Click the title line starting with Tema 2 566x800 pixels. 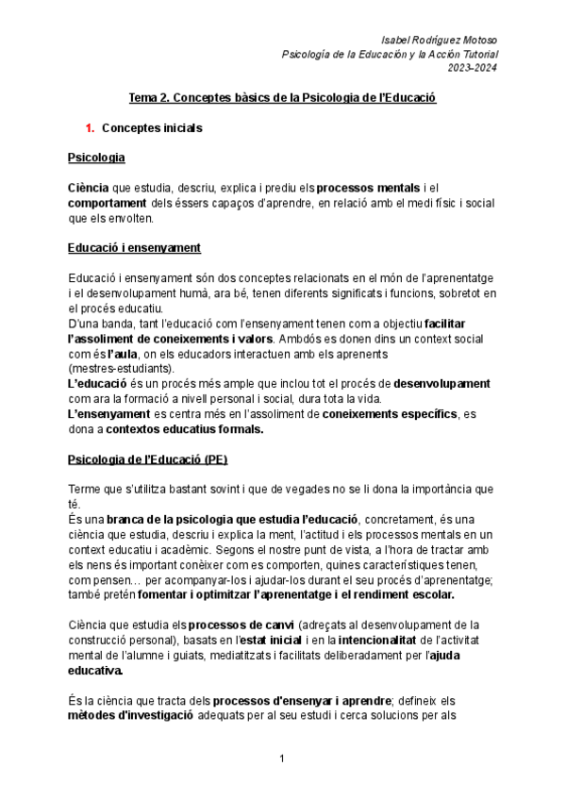tap(282, 97)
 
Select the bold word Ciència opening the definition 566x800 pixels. tap(89, 188)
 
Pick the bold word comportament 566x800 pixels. tap(108, 203)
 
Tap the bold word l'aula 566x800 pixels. tap(103, 353)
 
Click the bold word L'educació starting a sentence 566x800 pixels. tap(100, 383)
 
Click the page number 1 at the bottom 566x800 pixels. tap(282, 759)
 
